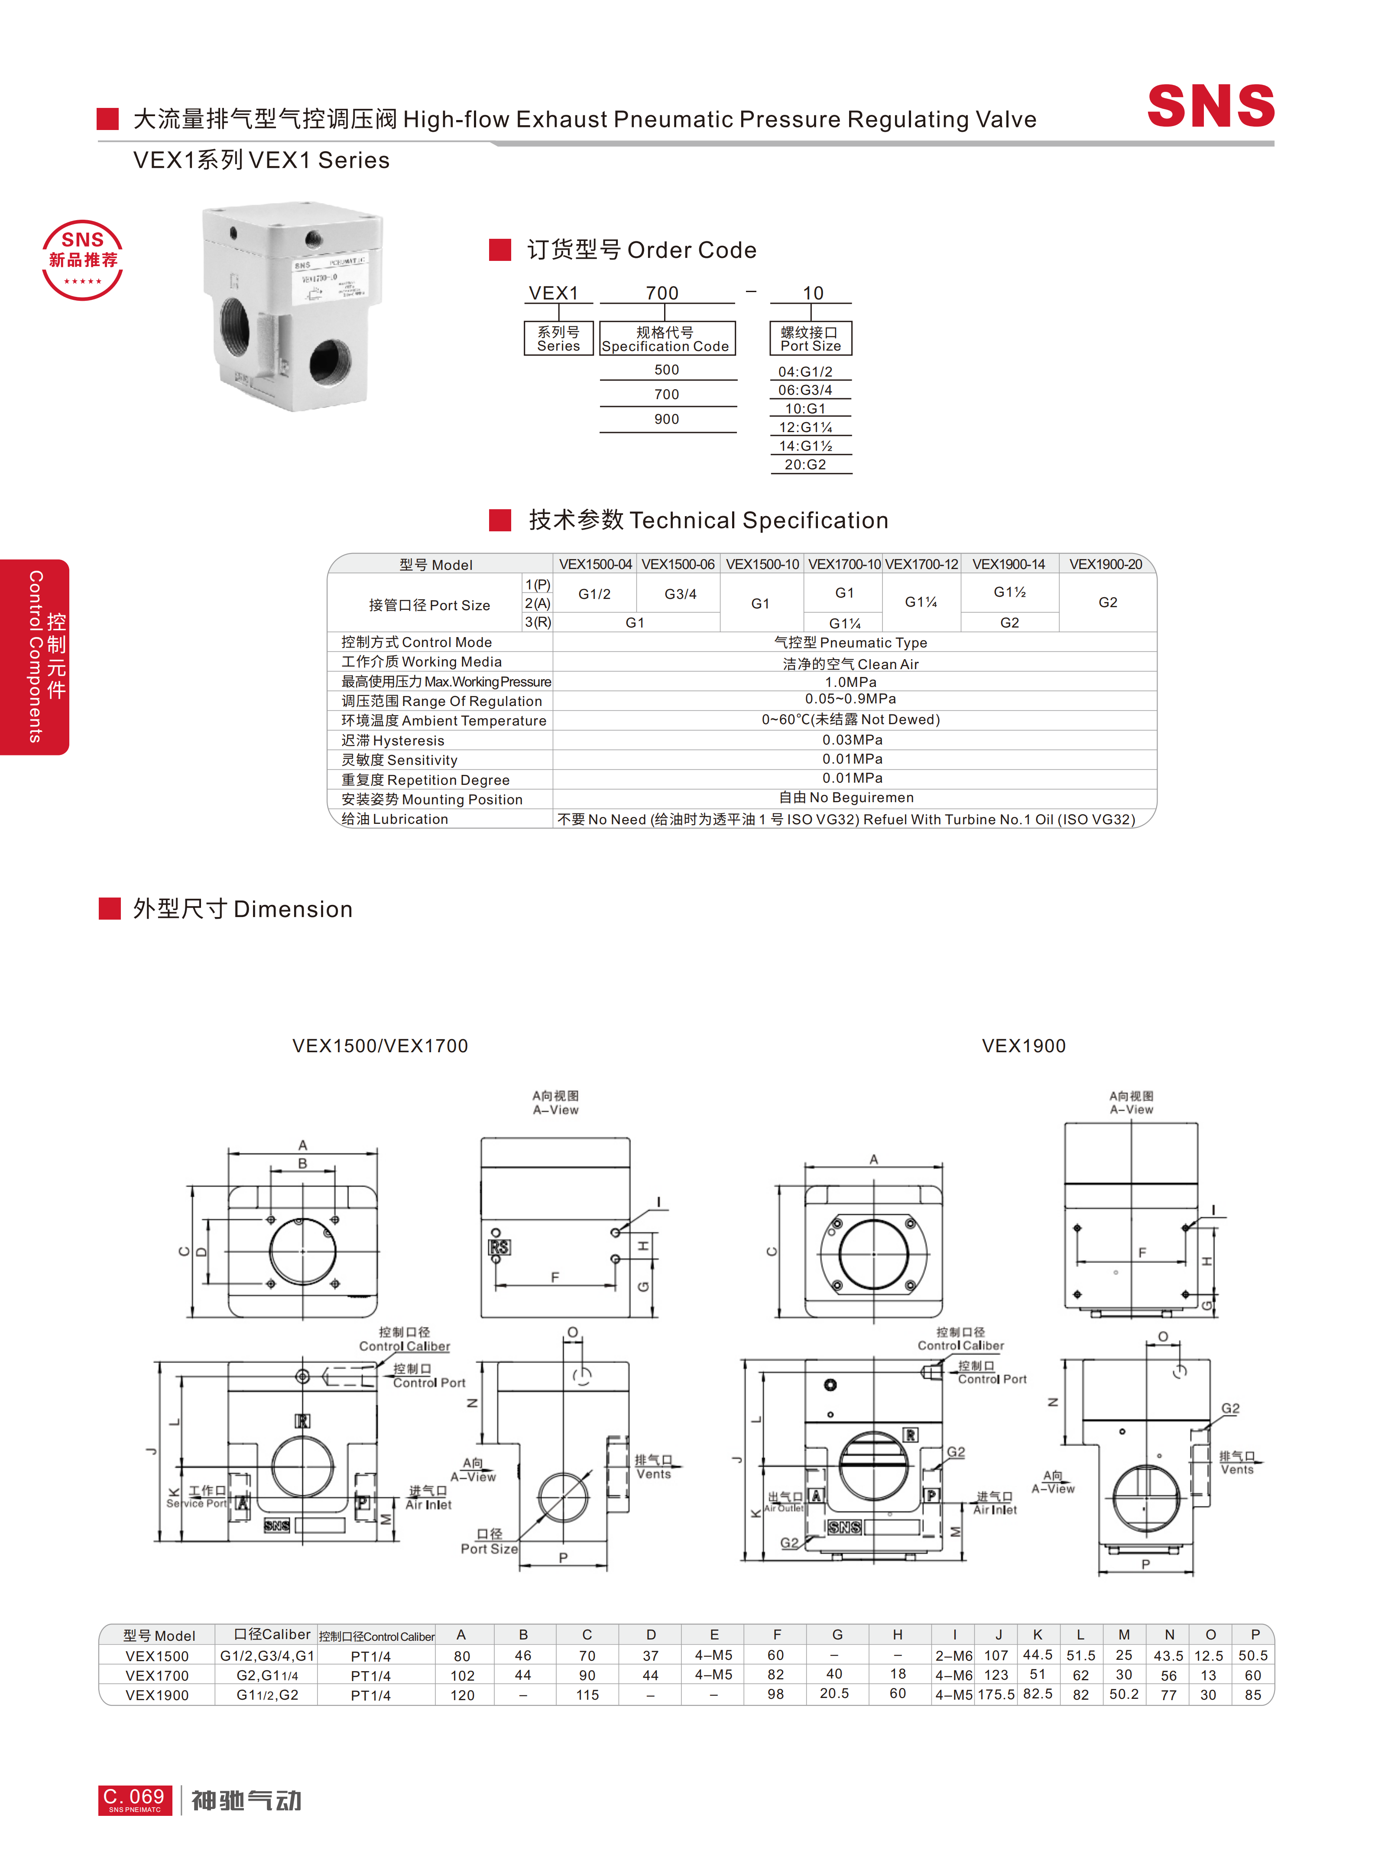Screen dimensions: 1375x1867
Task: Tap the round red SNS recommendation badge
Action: pyautogui.click(x=82, y=260)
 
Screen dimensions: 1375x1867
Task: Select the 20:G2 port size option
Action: pyautogui.click(x=806, y=465)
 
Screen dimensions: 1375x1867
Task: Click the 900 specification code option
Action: pyautogui.click(x=667, y=419)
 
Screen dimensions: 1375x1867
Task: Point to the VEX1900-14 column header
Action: pyautogui.click(x=1009, y=564)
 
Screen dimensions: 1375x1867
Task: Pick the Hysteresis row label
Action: pyautogui.click(x=393, y=740)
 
